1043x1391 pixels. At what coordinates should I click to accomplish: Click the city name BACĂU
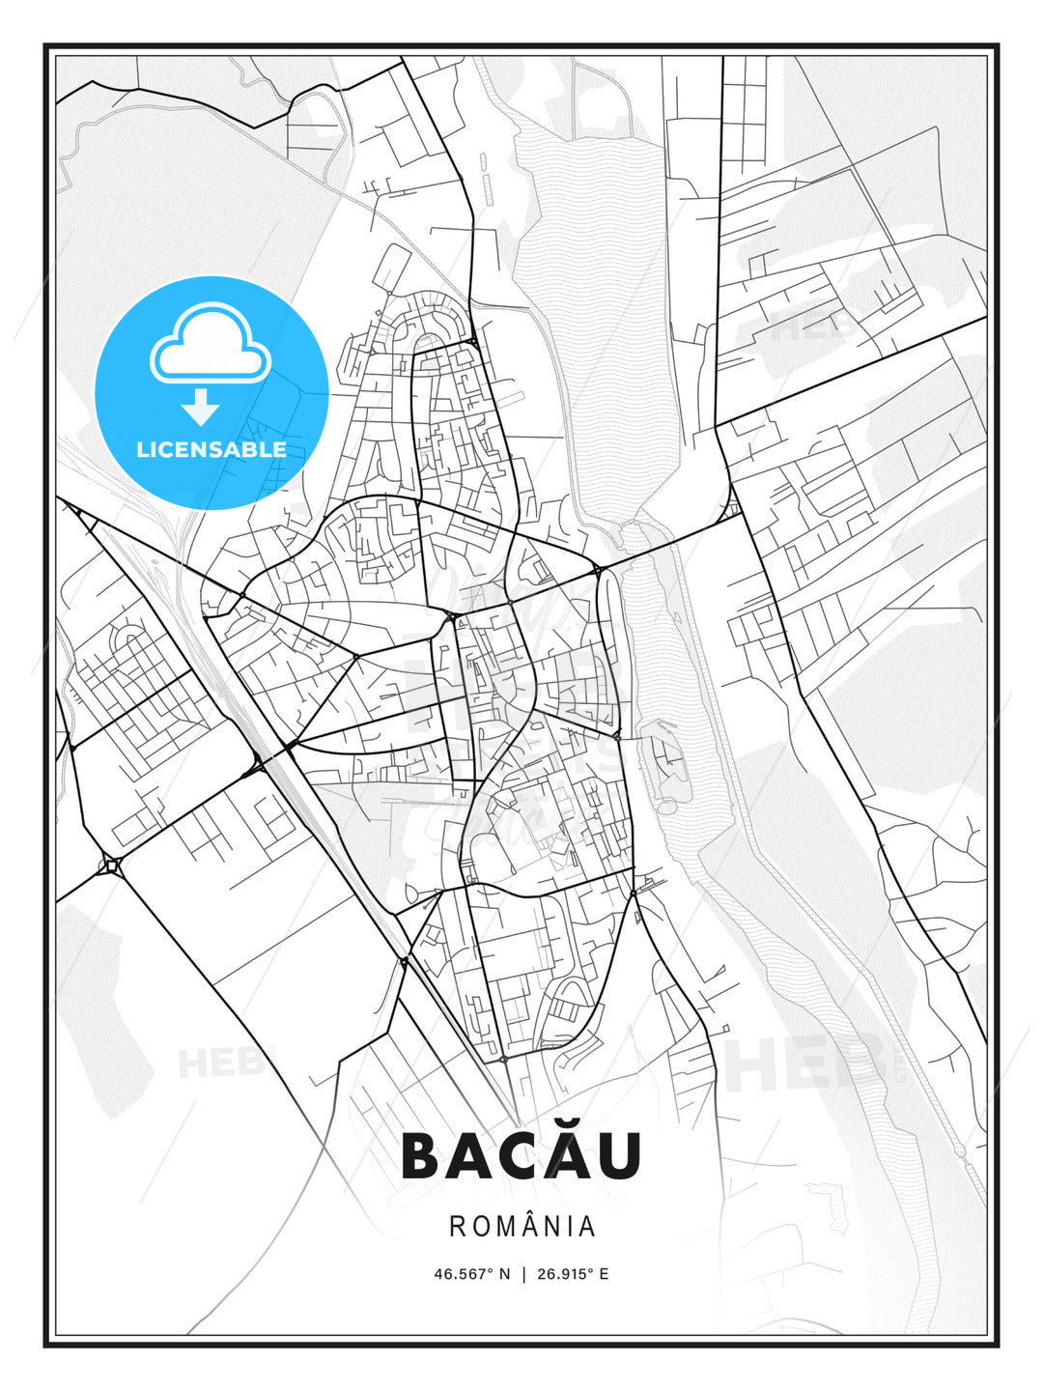pyautogui.click(x=521, y=1155)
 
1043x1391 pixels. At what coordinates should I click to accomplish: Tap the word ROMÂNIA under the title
pyautogui.click(x=521, y=1227)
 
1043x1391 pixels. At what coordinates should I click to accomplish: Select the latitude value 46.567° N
pyautogui.click(x=471, y=1274)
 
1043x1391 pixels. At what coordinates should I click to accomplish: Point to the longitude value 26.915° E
pyautogui.click(x=571, y=1274)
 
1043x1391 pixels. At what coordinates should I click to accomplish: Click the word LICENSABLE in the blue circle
pyautogui.click(x=211, y=449)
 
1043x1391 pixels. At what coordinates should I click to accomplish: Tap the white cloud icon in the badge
pyautogui.click(x=211, y=344)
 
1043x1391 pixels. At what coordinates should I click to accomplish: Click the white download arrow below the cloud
pyautogui.click(x=201, y=407)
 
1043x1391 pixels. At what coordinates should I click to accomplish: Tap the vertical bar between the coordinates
pyautogui.click(x=522, y=1274)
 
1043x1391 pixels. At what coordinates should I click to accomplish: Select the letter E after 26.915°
pyautogui.click(x=604, y=1274)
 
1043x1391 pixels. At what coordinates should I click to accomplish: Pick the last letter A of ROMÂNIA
pyautogui.click(x=587, y=1227)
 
